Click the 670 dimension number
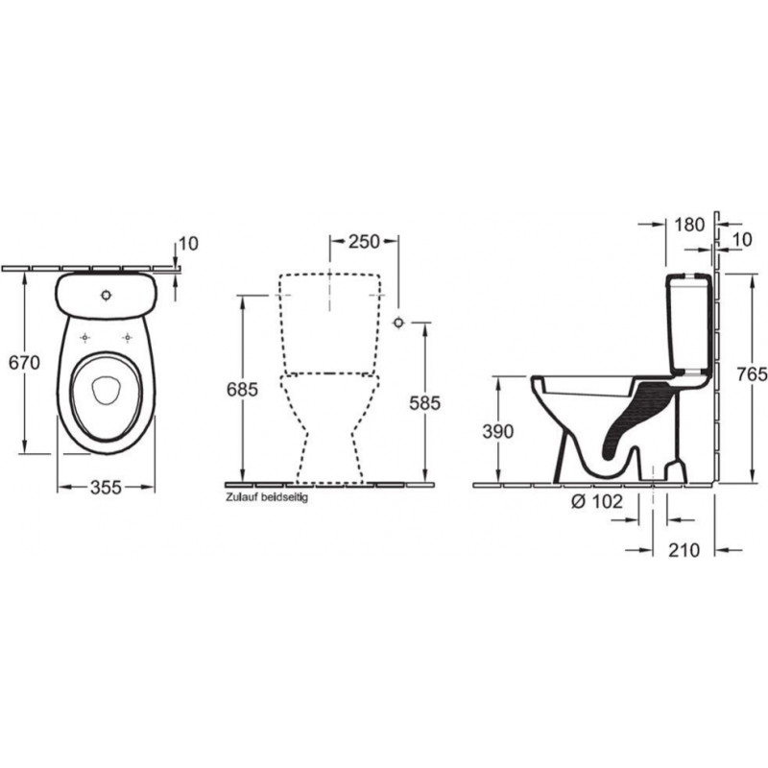[25, 363]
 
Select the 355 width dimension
[106, 488]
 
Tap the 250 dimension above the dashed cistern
[364, 242]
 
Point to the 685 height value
[242, 390]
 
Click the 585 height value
[424, 403]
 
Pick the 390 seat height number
[497, 431]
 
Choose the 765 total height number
[753, 374]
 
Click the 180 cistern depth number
[689, 225]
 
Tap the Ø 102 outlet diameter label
[597, 501]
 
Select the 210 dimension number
[684, 550]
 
